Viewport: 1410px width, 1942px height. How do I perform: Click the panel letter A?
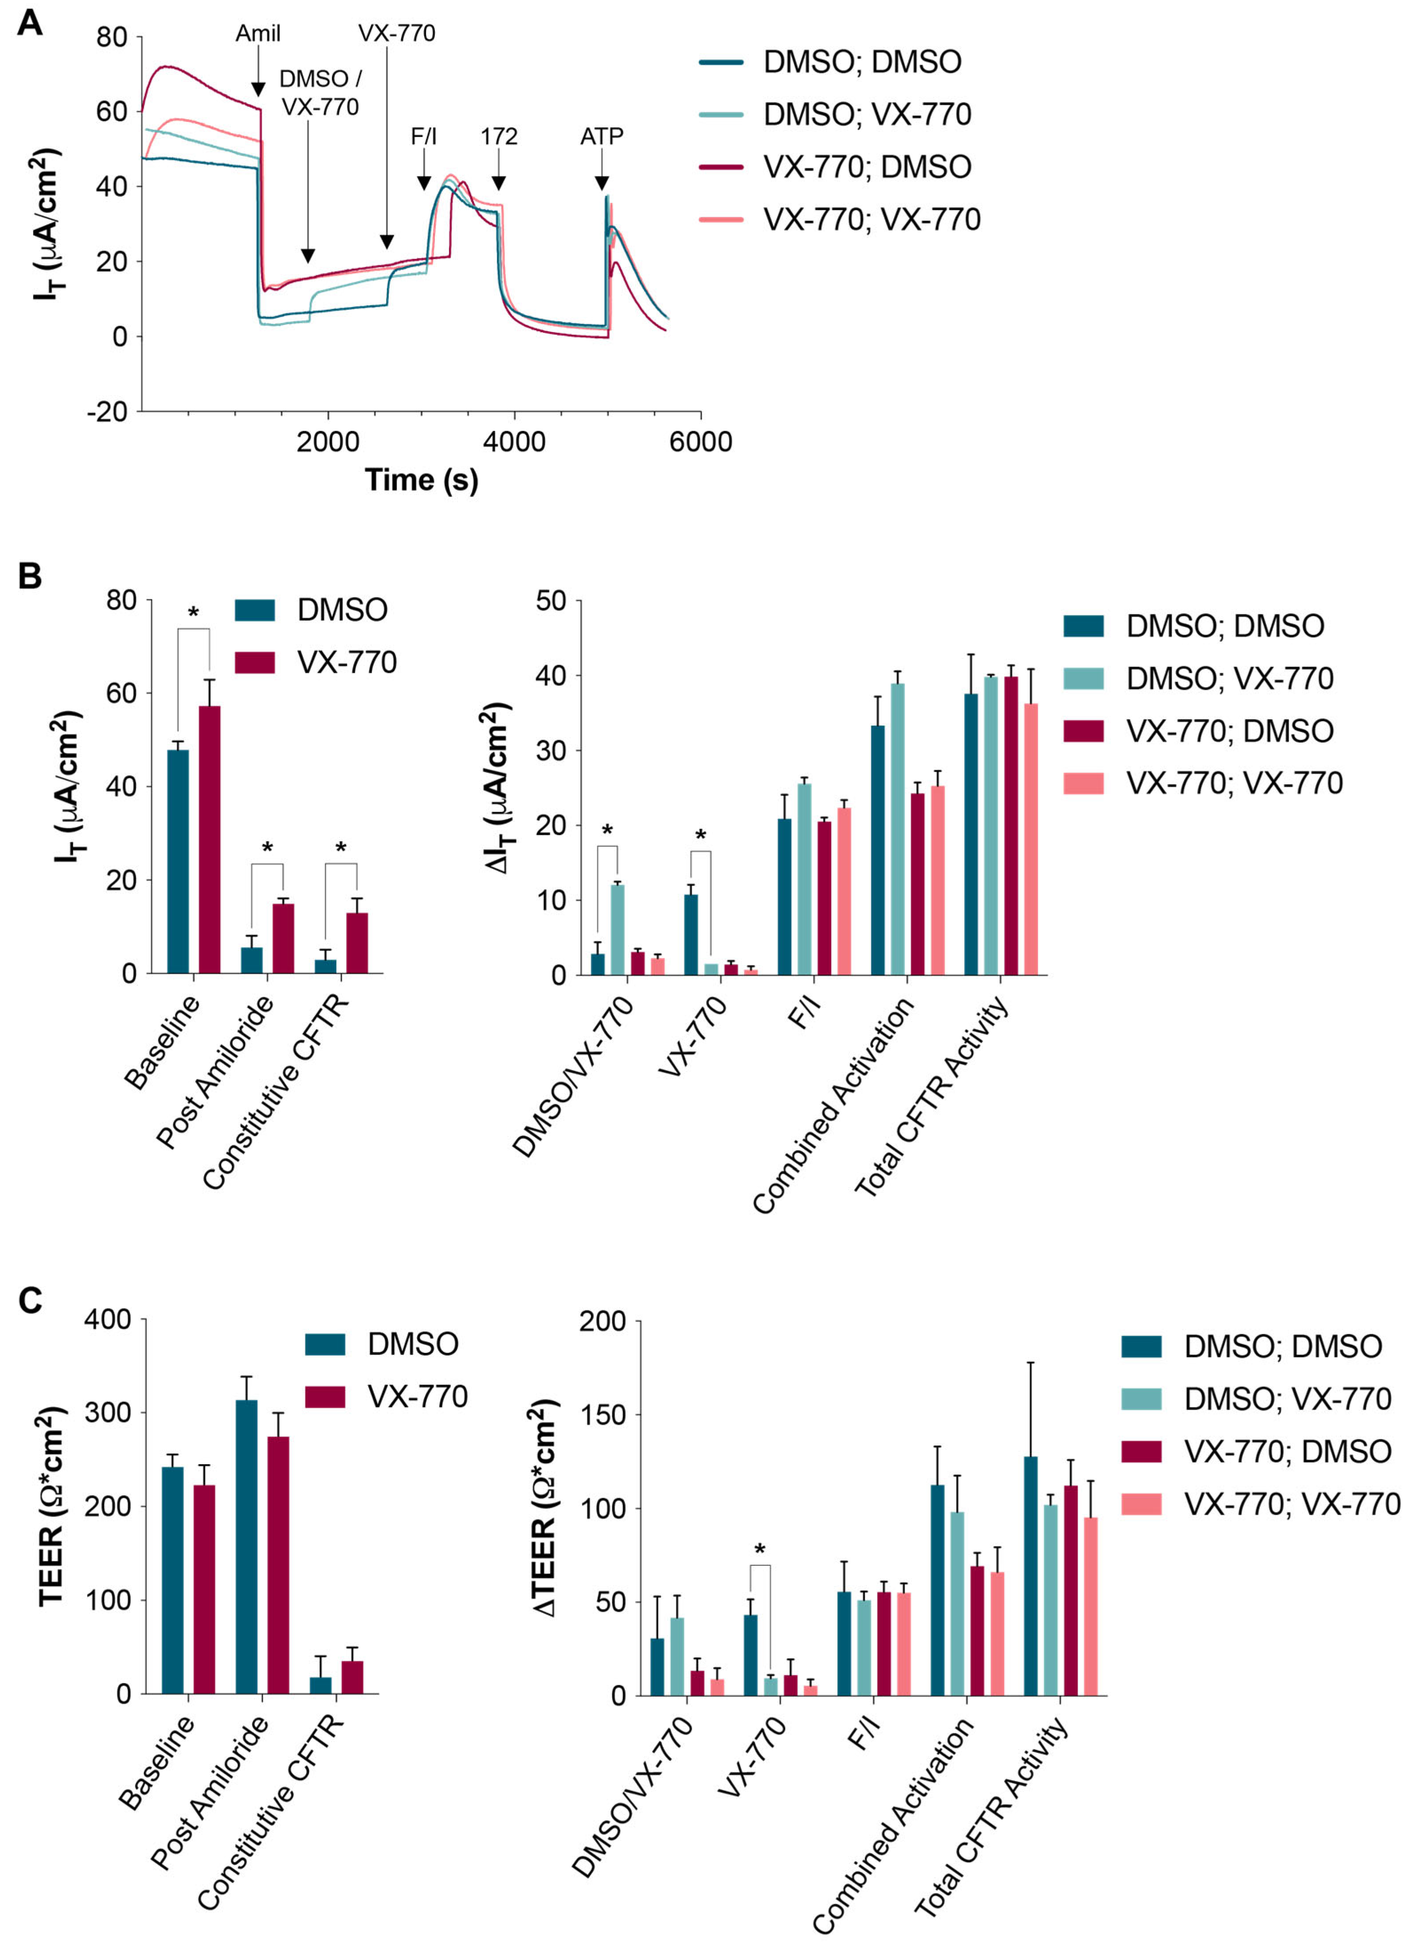pos(30,23)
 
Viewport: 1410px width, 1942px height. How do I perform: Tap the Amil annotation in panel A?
pos(258,33)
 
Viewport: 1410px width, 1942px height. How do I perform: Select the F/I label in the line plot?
pos(424,136)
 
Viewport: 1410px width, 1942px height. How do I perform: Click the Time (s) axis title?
pos(421,480)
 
